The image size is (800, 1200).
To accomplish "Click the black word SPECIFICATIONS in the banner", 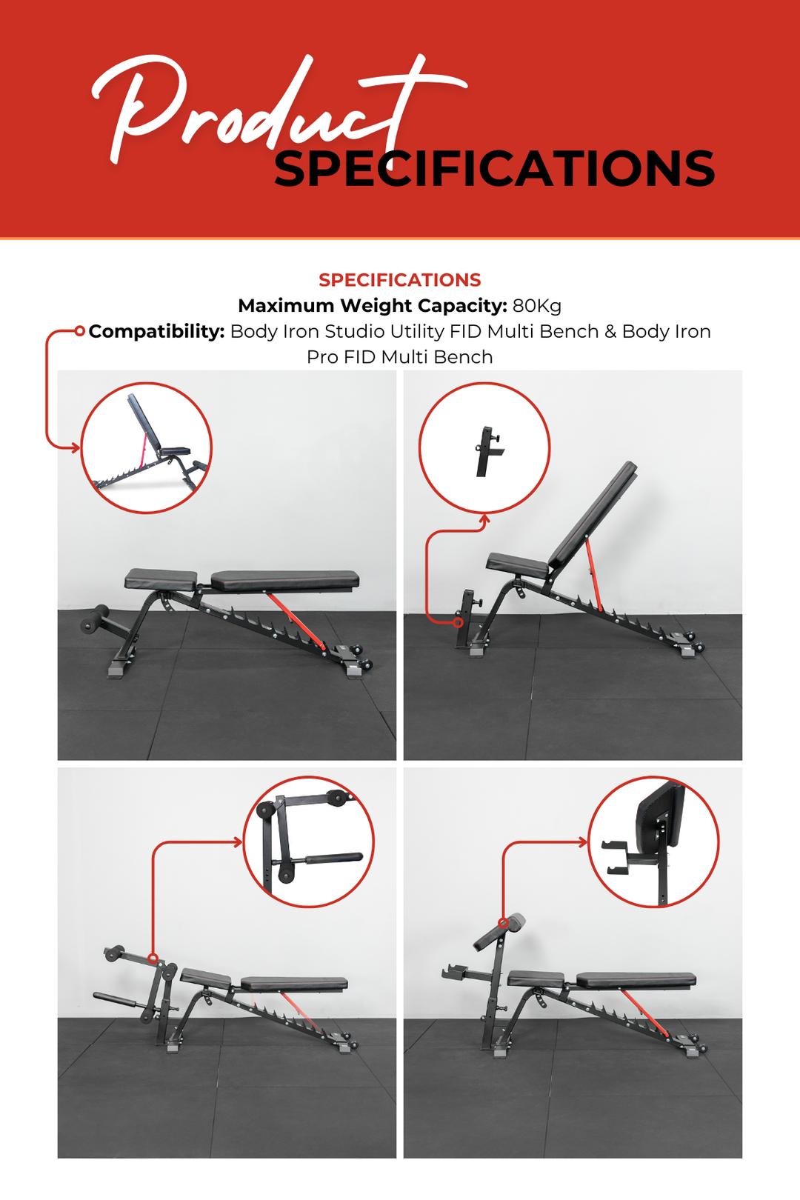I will coord(494,170).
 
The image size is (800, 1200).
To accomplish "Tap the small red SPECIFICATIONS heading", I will coord(399,280).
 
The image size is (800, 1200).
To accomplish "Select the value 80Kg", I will coord(536,306).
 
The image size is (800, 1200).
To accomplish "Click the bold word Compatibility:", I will coord(156,331).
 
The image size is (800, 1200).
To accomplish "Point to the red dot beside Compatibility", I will coord(80,331).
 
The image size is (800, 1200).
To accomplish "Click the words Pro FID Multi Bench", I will coord(399,357).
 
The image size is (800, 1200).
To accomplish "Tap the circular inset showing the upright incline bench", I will coord(146,448).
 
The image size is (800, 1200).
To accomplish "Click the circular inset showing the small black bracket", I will coord(484,448).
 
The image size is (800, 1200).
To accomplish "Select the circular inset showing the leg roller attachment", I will coord(309,841).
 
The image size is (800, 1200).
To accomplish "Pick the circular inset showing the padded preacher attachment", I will coord(653,841).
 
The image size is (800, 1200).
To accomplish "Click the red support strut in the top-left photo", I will coord(296,620).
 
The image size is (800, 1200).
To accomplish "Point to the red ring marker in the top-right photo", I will coord(459,622).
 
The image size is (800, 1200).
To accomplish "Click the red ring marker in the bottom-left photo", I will coord(153,959).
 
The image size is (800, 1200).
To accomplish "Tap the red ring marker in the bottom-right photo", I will coord(504,923).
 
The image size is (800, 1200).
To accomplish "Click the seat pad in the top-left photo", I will coord(161,579).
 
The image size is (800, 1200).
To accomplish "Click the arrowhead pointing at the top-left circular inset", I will coord(75,447).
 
